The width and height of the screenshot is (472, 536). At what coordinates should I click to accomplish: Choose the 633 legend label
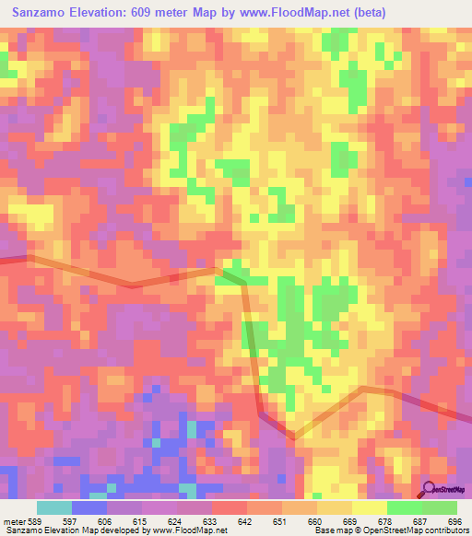[x=211, y=521]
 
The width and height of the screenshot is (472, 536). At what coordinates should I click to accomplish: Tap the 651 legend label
[x=281, y=521]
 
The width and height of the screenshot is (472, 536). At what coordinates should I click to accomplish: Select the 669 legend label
[x=350, y=521]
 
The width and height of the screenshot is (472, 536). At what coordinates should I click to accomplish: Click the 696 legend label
[x=453, y=521]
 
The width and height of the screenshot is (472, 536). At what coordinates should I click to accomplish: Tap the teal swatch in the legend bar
[x=54, y=507]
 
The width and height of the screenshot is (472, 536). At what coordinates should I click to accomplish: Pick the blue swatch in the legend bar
[x=89, y=507]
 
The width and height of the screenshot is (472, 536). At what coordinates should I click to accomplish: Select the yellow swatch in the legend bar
[x=369, y=507]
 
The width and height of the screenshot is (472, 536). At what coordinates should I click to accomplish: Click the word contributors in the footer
[x=447, y=531]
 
